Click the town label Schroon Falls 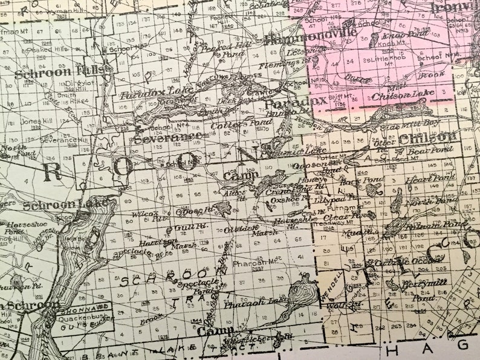(x=63, y=71)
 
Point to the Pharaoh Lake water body (x=300, y=297)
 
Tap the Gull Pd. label (x=180, y=228)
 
